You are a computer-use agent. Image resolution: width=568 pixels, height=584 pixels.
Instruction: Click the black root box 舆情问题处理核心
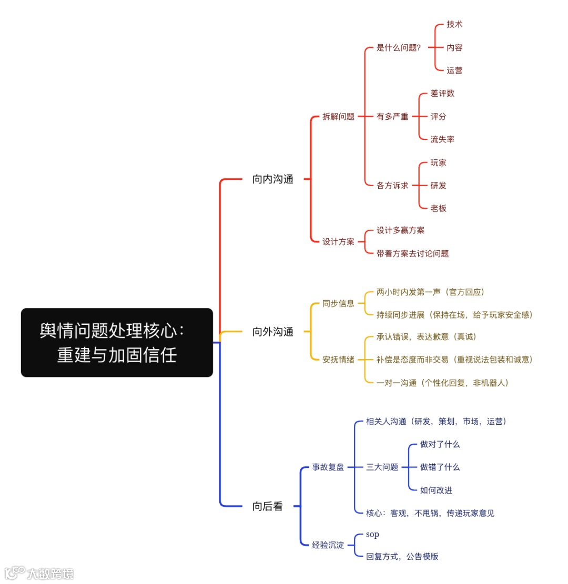[x=117, y=342]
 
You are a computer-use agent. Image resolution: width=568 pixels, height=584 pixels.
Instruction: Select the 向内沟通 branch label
[x=272, y=179]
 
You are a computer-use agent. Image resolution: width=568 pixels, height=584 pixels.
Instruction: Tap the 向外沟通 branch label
[x=272, y=332]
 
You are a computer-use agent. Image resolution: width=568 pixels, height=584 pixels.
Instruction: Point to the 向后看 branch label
[x=267, y=506]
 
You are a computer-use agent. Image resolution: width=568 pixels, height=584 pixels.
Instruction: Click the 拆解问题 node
[x=338, y=117]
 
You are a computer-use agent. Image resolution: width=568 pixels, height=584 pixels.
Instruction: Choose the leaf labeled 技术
[x=454, y=25]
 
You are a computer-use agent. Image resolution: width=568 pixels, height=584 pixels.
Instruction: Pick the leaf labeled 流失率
[x=442, y=139]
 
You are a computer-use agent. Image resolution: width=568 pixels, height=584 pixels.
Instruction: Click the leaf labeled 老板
[x=438, y=208]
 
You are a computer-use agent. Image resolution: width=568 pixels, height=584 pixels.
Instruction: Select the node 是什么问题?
[x=398, y=48]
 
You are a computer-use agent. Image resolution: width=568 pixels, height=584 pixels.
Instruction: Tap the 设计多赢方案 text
[x=400, y=230]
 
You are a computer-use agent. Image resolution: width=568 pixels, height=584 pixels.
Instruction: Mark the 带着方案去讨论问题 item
[x=412, y=253]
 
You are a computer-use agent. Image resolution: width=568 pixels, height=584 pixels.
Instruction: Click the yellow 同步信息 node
[x=338, y=303]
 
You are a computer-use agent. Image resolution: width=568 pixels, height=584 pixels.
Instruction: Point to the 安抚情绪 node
[x=338, y=360]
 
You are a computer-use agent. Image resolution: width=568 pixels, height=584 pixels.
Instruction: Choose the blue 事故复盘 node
[x=328, y=467]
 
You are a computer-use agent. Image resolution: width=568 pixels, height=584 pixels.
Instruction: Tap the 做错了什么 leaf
[x=440, y=467]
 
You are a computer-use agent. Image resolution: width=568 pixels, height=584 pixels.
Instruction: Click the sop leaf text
[x=372, y=534]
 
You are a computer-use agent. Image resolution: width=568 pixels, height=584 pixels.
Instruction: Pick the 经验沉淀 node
[x=328, y=545]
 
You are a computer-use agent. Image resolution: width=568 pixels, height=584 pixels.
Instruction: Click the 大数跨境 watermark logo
[x=39, y=572]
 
